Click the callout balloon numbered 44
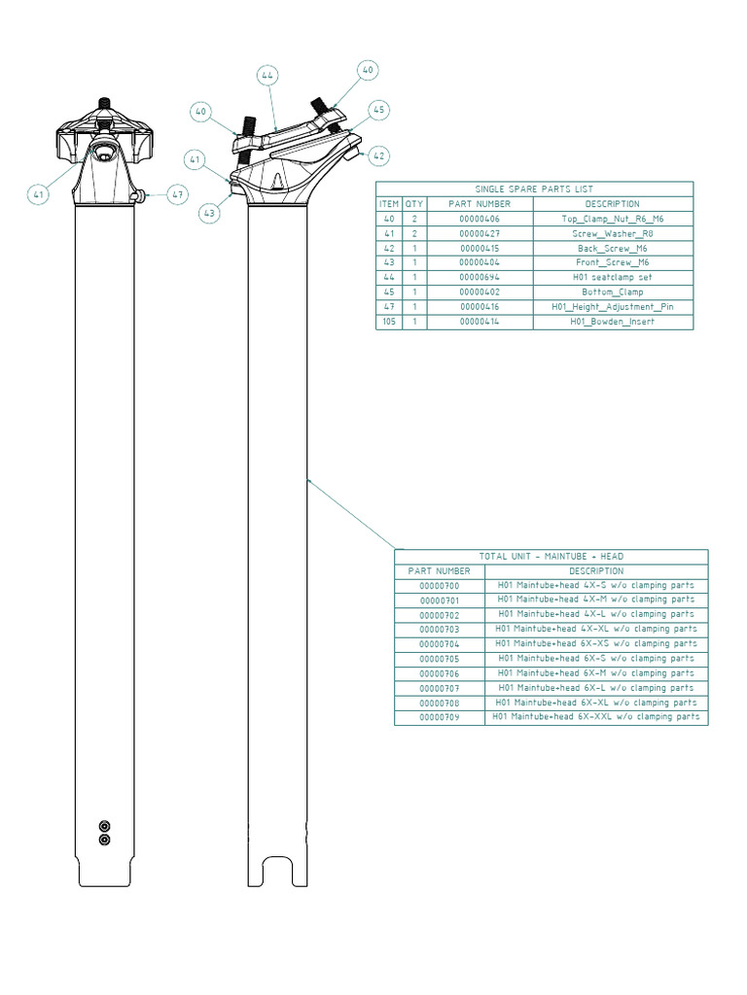[x=267, y=75]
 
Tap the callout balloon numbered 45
[x=379, y=111]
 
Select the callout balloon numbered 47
[x=177, y=194]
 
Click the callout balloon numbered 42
[x=378, y=155]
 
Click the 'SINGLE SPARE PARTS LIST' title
[x=534, y=189]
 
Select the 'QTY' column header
[x=413, y=204]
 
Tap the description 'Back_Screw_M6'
[x=613, y=249]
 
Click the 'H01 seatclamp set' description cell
[x=613, y=278]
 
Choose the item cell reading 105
[x=389, y=322]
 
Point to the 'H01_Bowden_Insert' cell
[x=613, y=322]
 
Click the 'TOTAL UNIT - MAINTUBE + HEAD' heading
[x=551, y=557]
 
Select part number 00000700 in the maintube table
[x=440, y=586]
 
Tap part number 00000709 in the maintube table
[x=440, y=718]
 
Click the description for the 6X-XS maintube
[x=596, y=644]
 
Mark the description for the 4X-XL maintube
[x=596, y=630]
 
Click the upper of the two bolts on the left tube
[x=104, y=826]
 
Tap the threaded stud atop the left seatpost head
[x=104, y=103]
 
